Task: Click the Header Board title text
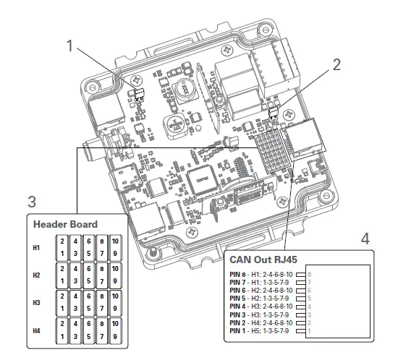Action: pos(65,224)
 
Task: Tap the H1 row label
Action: pos(38,248)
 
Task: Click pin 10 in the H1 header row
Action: pos(114,241)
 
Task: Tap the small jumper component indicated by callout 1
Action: pos(140,93)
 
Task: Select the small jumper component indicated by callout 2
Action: pos(274,112)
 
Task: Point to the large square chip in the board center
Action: pos(200,177)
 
